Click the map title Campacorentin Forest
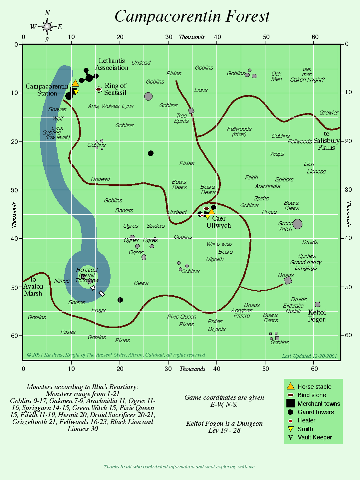coord(192,16)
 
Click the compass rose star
coord(47,27)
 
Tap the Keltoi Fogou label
coord(317,316)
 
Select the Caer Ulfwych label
coord(218,222)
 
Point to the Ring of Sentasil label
coord(115,89)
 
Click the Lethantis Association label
coord(112,64)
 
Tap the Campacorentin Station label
coord(47,90)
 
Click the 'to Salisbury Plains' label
coord(326,140)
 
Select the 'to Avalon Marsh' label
coord(33,286)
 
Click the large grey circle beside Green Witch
coord(298,224)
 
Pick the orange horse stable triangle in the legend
coord(291,386)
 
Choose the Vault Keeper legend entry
coord(315,437)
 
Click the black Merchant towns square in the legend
coord(291,403)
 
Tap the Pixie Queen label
coord(181,317)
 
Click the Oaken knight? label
coord(307,80)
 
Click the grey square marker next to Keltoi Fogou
coord(317,304)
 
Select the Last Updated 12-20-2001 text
coord(309,356)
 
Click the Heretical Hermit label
coord(87,272)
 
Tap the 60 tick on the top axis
coord(315,37)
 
